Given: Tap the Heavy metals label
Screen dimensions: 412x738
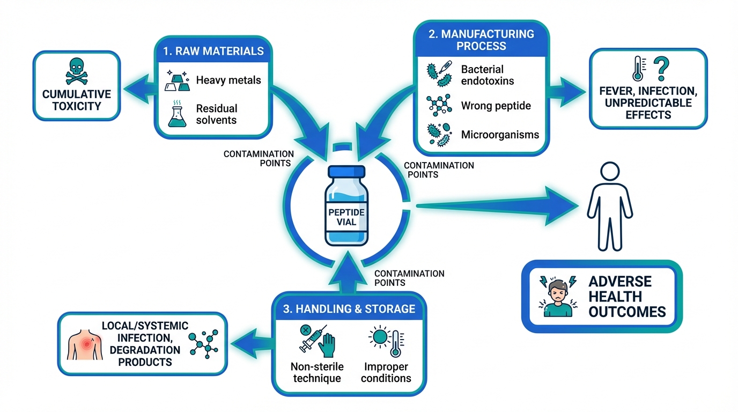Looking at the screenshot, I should [x=228, y=80].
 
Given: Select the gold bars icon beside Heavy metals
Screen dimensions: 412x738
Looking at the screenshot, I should [x=178, y=80].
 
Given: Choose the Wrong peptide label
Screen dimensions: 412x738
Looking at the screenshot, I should [x=496, y=106].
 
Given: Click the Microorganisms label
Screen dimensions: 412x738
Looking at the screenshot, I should [x=500, y=135].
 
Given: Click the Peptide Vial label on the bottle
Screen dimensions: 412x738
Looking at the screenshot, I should [x=346, y=217].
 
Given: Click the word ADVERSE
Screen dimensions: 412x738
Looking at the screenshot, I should [x=619, y=282].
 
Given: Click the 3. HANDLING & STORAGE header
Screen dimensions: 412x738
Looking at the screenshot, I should [x=349, y=308].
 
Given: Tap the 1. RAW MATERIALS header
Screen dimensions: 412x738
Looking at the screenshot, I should [x=213, y=51].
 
